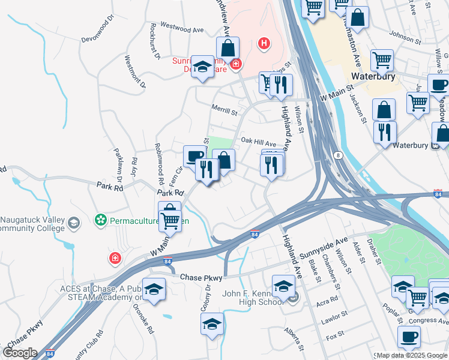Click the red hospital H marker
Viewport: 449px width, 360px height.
[x=263, y=43]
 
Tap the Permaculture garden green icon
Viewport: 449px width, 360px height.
[x=100, y=221]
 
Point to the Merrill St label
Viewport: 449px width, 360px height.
[x=224, y=110]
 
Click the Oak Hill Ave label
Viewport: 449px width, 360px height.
[x=258, y=143]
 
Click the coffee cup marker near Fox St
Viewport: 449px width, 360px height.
[x=409, y=337]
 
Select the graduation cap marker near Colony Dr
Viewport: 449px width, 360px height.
[x=212, y=325]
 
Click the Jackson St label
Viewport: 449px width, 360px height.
[x=358, y=107]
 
